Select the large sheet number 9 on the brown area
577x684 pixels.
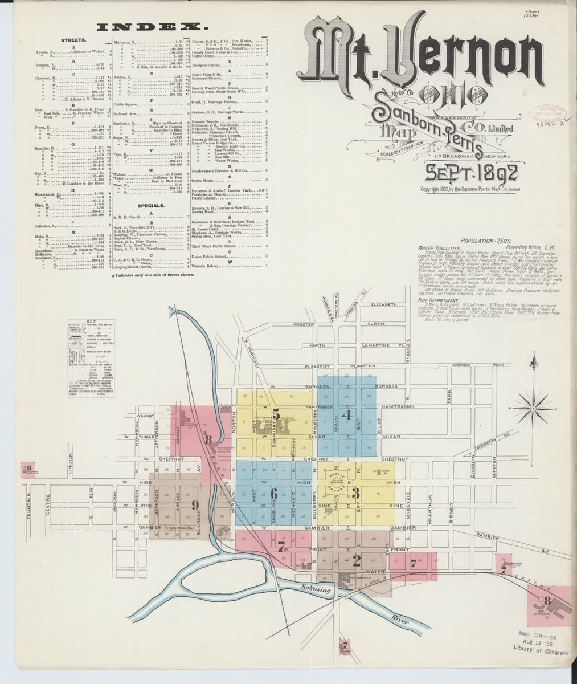pos(195,504)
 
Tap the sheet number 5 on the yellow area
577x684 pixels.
pos(276,415)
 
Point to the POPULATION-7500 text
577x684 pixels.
pos(484,241)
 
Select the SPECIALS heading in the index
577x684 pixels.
pos(152,205)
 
